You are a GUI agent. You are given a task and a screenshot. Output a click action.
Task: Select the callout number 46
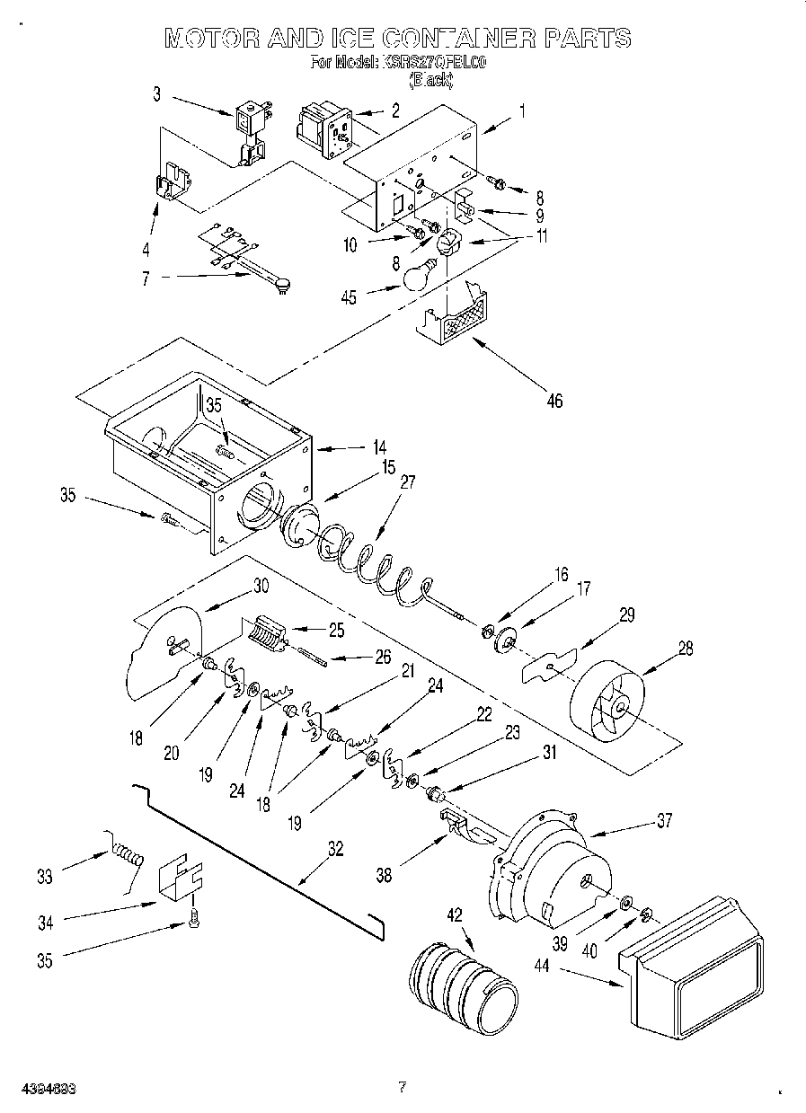[554, 401]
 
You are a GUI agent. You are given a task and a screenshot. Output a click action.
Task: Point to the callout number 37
[663, 819]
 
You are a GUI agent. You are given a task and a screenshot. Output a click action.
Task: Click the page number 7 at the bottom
[402, 1087]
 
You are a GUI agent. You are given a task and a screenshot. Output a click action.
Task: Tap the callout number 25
[336, 630]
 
